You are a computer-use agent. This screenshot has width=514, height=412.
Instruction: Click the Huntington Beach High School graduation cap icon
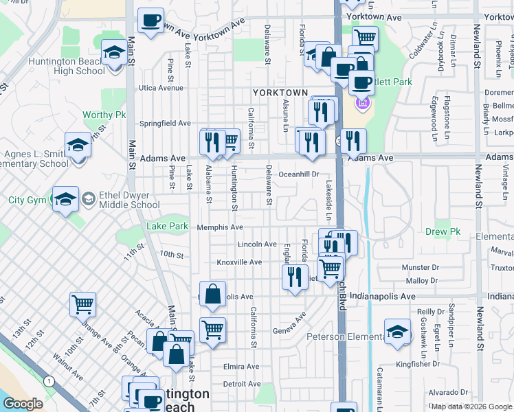coord(113,52)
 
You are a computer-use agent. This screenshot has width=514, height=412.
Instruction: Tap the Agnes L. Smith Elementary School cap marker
coord(78,146)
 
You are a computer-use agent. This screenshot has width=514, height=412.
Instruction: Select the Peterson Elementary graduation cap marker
coord(397,332)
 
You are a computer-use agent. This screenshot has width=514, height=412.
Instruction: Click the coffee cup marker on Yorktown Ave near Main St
coord(150,20)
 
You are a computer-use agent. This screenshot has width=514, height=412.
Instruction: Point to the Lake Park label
coord(167,226)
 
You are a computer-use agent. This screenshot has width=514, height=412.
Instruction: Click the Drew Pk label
coord(443,232)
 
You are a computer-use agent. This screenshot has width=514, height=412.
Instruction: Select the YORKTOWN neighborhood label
coord(280,92)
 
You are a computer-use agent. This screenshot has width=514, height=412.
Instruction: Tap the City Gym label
coord(26,201)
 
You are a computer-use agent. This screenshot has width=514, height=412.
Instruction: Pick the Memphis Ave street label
coord(220,227)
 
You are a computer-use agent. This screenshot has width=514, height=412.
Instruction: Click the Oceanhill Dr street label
coord(299,174)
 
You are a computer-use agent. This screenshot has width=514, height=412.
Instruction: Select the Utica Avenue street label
coord(161,88)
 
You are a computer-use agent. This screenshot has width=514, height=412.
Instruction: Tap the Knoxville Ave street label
coord(239,262)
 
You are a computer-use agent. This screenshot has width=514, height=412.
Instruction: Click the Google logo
coord(23,404)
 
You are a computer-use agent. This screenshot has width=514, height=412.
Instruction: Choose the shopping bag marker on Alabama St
coord(213,293)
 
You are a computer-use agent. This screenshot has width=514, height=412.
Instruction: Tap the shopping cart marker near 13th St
coord(82,304)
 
